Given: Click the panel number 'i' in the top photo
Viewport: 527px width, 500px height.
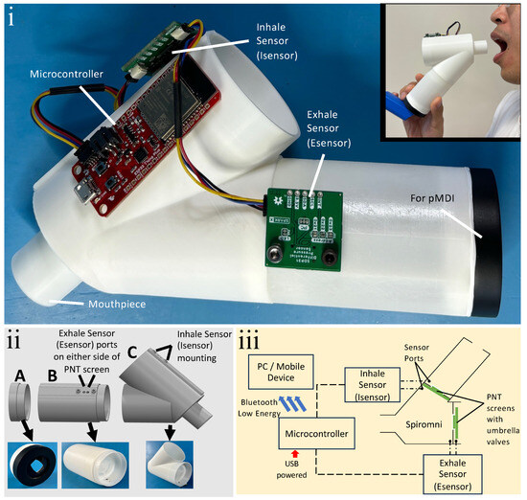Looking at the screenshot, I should point(12,16).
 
